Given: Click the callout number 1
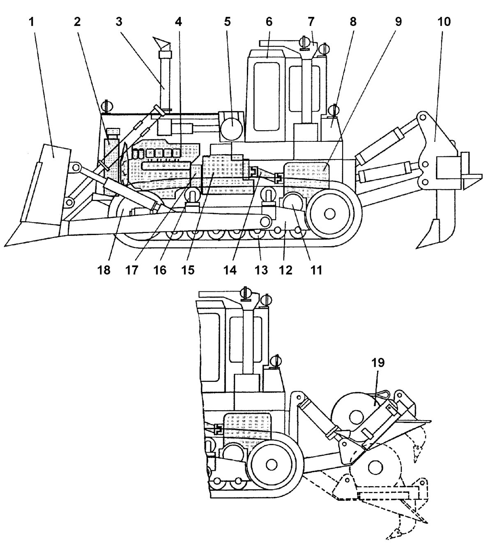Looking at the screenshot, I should click(x=31, y=22).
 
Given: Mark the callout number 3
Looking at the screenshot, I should click(x=119, y=22).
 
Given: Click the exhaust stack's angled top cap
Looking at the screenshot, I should click(x=162, y=42).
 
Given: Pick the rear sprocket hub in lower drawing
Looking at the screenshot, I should click(x=271, y=464).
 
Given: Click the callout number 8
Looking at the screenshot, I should click(x=353, y=22).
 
